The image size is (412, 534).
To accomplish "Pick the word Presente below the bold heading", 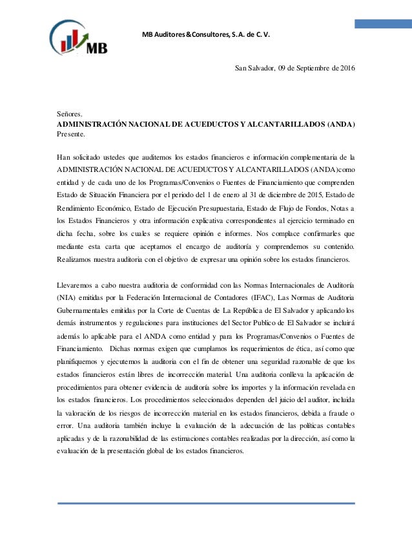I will [x=70, y=134].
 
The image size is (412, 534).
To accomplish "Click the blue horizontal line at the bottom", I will [x=206, y=502].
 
